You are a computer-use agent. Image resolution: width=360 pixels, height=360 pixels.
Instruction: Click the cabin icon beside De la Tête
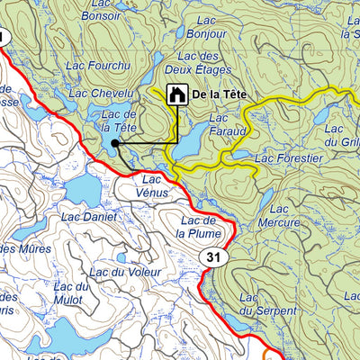click(x=177, y=93)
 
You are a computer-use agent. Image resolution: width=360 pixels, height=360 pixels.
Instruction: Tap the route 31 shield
click(x=212, y=259)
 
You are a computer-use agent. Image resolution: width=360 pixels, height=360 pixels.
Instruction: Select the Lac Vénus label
click(x=153, y=185)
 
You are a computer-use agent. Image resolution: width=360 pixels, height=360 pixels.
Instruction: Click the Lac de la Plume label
click(x=194, y=227)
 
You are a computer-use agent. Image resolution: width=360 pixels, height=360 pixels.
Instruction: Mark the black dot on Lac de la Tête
click(x=115, y=143)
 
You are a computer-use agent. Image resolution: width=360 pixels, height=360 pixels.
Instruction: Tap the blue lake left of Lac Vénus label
click(x=85, y=187)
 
